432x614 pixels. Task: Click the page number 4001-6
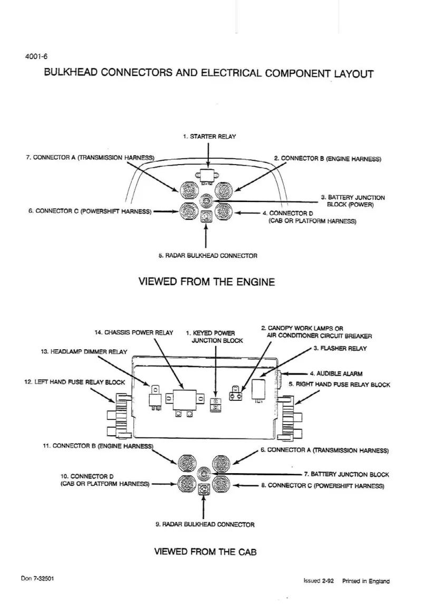click(36, 56)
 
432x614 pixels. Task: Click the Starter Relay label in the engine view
click(209, 137)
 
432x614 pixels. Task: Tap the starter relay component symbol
click(207, 176)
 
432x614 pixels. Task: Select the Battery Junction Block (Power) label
click(353, 201)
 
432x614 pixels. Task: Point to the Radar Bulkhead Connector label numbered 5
click(208, 256)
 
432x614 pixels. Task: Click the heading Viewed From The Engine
click(207, 282)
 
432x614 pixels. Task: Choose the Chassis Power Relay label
click(133, 332)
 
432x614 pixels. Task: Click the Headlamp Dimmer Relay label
click(84, 352)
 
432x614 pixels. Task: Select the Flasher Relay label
click(340, 349)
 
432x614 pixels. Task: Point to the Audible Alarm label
click(336, 373)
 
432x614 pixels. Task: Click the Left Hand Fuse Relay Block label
click(74, 382)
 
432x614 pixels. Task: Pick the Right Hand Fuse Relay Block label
click(339, 385)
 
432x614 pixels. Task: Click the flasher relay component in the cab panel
click(258, 390)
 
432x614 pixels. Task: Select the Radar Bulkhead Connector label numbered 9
click(205, 524)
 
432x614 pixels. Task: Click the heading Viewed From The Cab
click(205, 552)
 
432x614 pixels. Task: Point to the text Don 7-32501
click(37, 578)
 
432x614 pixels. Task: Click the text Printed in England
click(366, 581)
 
